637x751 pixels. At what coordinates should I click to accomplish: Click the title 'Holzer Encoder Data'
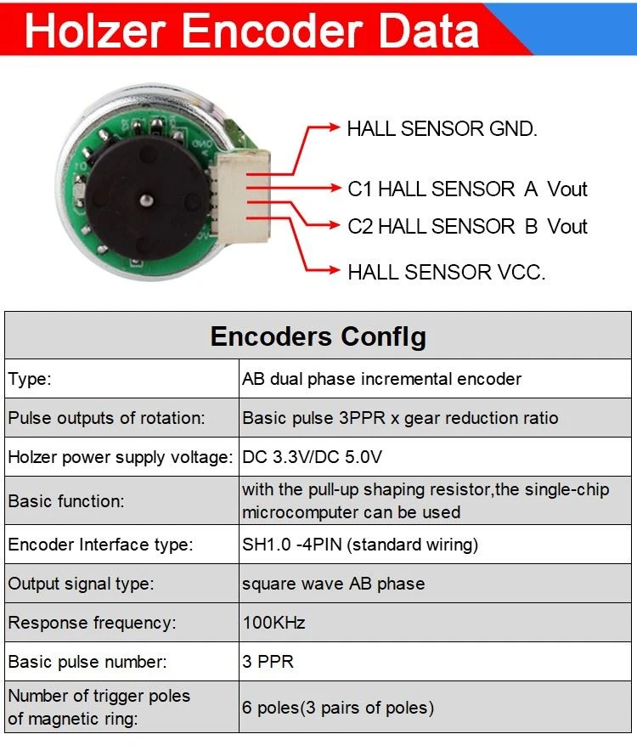(x=252, y=31)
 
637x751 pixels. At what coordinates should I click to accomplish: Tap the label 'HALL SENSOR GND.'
(x=442, y=129)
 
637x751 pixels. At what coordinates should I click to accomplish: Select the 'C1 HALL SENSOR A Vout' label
(x=467, y=189)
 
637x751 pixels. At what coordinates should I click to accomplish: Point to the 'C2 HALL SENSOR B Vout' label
(x=467, y=226)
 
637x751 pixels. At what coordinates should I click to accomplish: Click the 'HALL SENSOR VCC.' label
(x=447, y=272)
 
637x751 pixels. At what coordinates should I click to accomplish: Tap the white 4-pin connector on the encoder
(x=240, y=197)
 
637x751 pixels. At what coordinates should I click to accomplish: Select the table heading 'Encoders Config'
(x=318, y=336)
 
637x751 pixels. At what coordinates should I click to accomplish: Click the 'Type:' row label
(x=29, y=379)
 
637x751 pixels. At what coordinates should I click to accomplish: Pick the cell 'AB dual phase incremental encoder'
(x=381, y=379)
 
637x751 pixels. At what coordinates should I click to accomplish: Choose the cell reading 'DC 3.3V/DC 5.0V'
(x=313, y=457)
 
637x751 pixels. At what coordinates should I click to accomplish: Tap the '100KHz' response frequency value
(x=273, y=623)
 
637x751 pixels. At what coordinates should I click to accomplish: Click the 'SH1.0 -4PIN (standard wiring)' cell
(x=360, y=545)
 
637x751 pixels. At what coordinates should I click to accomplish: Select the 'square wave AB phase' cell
(x=333, y=584)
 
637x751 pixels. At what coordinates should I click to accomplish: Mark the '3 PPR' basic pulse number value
(x=268, y=662)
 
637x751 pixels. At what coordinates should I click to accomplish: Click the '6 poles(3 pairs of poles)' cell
(x=338, y=708)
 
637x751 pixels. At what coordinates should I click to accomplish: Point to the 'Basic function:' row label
(x=66, y=501)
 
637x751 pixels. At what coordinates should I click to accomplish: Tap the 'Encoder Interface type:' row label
(x=100, y=545)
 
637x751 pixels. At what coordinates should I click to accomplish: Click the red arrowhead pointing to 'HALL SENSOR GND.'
(x=334, y=127)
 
